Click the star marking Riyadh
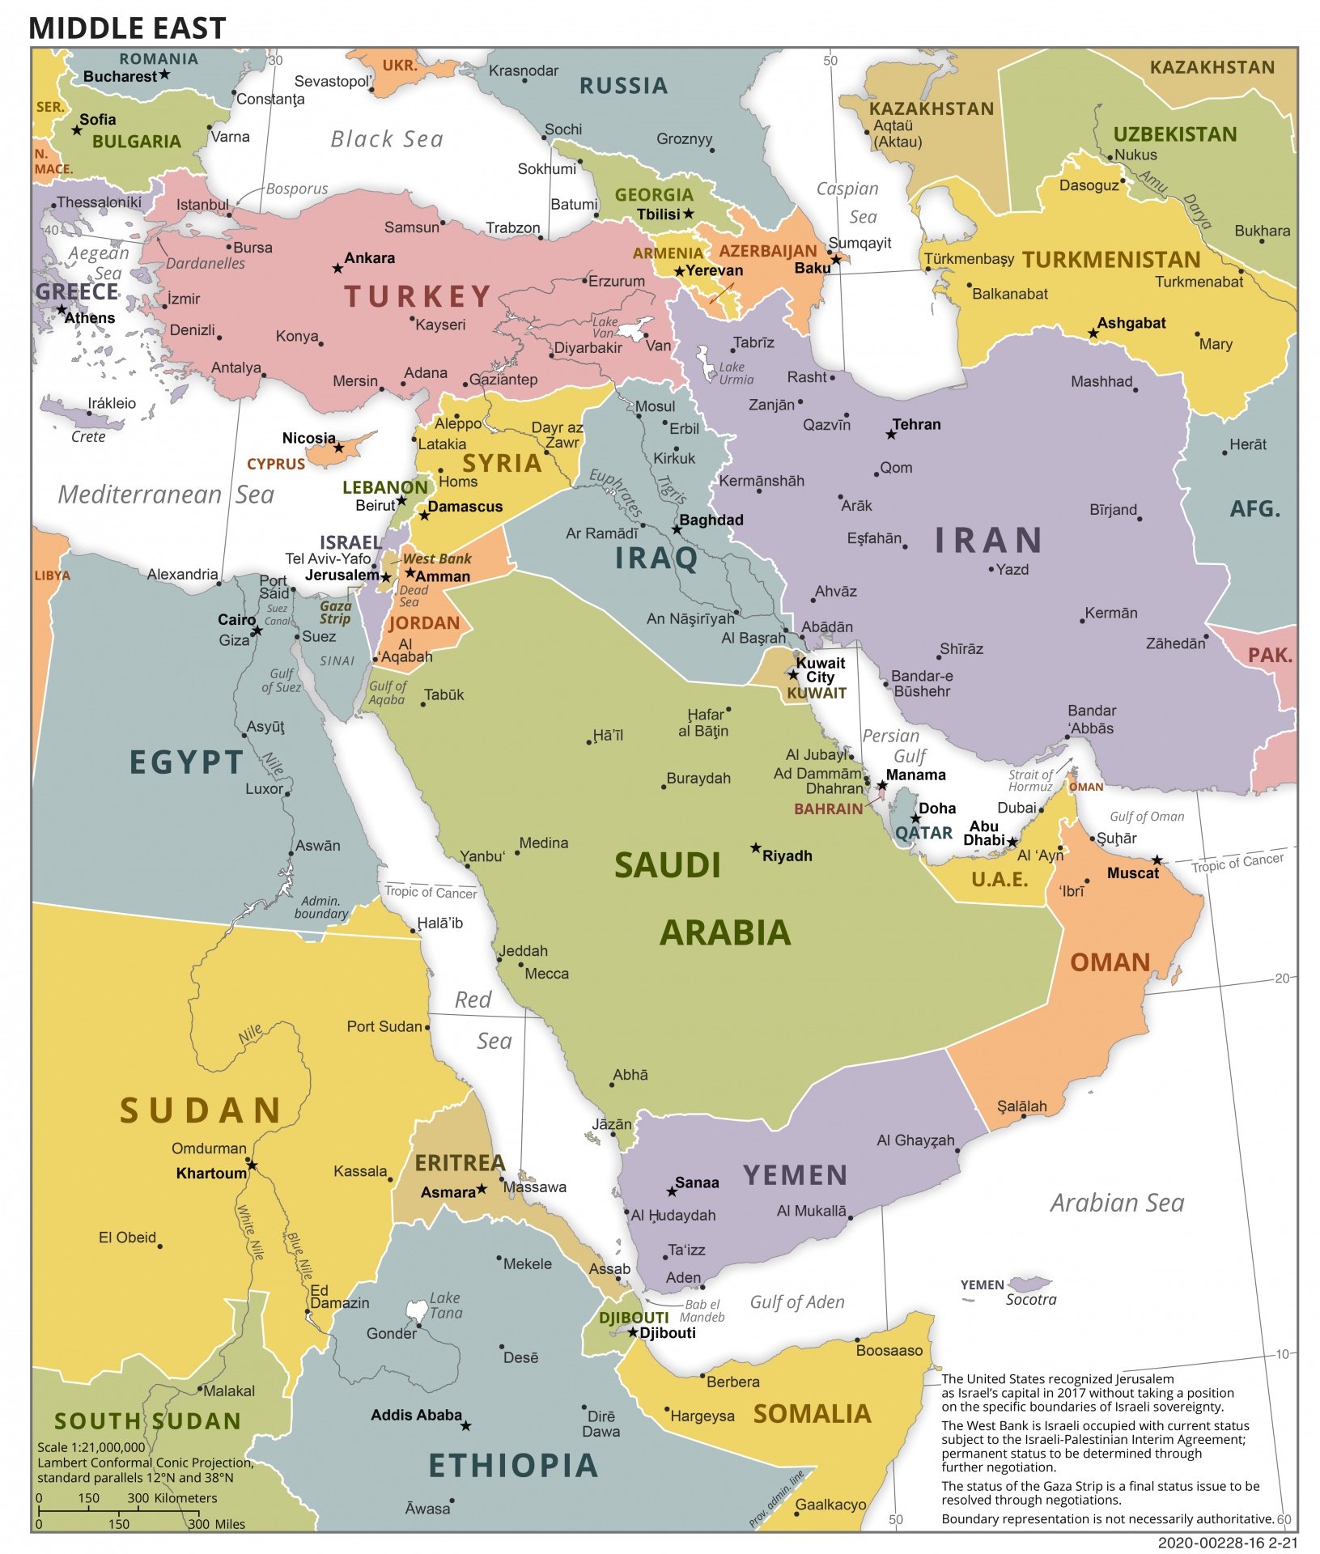click(x=755, y=847)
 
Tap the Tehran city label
click(x=916, y=424)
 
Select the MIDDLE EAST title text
click(x=127, y=28)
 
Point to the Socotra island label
click(x=1030, y=1299)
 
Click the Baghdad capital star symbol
click(x=677, y=529)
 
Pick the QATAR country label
click(x=923, y=833)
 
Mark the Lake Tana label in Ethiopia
click(x=445, y=1305)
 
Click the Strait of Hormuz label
click(x=1030, y=780)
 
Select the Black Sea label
click(x=387, y=139)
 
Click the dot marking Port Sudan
click(x=427, y=1027)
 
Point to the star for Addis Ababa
click(x=465, y=1425)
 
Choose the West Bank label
click(x=437, y=558)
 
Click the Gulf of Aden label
click(x=796, y=1301)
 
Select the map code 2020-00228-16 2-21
click(x=1226, y=1543)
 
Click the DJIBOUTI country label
click(x=633, y=1318)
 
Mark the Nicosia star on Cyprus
click(x=339, y=448)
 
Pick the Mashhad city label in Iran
click(x=1101, y=381)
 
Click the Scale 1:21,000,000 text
click(x=91, y=1447)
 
